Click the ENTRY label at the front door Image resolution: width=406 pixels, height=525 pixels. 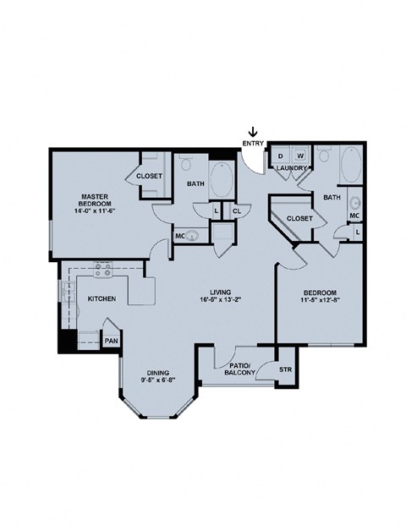coord(252,144)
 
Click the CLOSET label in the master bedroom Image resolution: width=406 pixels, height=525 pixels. coord(151,176)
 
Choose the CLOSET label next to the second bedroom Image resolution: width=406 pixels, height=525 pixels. coord(299,218)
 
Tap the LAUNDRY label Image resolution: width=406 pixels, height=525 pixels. coord(291,168)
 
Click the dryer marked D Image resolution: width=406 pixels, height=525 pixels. coord(280,156)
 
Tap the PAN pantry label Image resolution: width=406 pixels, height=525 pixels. coord(111,340)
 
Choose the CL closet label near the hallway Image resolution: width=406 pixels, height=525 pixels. coord(236,210)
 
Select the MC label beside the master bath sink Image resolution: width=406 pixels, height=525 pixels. coord(180,236)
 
